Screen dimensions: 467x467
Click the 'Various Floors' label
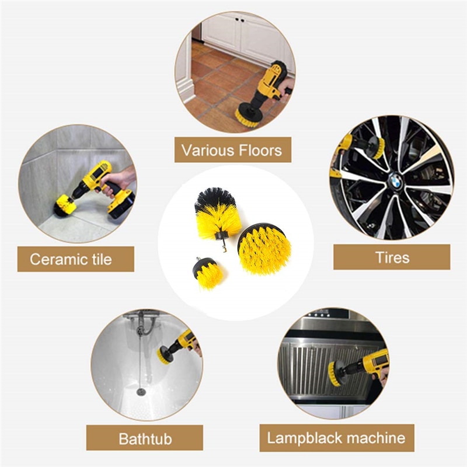coord(232,149)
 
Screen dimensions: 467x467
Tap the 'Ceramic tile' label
coord(75,259)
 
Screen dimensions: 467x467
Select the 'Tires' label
coord(392,257)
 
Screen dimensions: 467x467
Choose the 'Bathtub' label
coord(144,438)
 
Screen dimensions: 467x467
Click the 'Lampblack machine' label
coord(336,438)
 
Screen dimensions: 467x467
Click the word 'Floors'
coord(256,149)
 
